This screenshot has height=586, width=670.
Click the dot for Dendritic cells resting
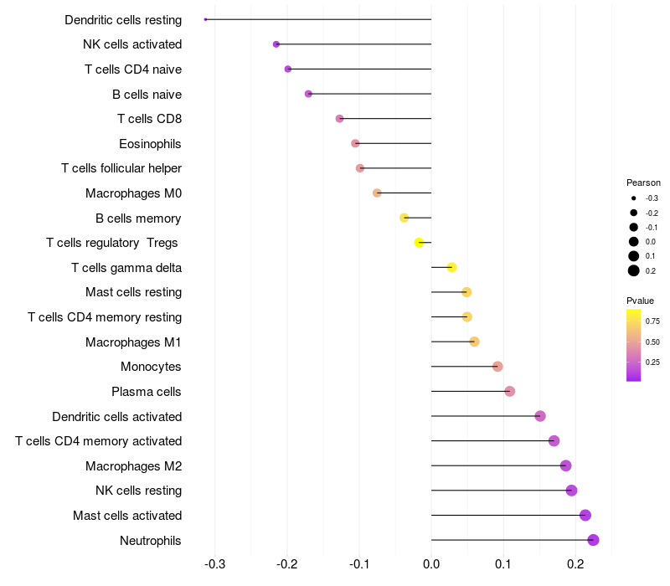pyautogui.click(x=205, y=19)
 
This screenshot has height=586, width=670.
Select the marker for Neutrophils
pyautogui.click(x=593, y=540)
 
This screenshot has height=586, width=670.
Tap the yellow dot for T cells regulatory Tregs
pyautogui.click(x=419, y=243)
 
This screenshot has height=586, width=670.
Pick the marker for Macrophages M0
pyautogui.click(x=377, y=193)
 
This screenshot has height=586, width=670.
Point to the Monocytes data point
pyautogui.click(x=497, y=367)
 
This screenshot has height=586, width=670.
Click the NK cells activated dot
pyautogui.click(x=276, y=44)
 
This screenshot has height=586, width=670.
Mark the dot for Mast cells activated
pyautogui.click(x=585, y=515)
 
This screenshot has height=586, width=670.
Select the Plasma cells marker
pyautogui.click(x=509, y=391)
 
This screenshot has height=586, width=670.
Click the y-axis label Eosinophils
pyautogui.click(x=150, y=144)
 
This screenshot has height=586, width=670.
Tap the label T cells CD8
pyautogui.click(x=150, y=119)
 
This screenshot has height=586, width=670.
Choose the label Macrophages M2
pyautogui.click(x=134, y=466)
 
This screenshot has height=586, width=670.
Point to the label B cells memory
pyautogui.click(x=138, y=218)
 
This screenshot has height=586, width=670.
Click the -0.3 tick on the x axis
pyautogui.click(x=215, y=564)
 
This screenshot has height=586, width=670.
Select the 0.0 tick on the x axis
pyautogui.click(x=431, y=564)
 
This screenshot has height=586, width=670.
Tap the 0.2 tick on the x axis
pyautogui.click(x=575, y=564)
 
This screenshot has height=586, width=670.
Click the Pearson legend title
pyautogui.click(x=643, y=182)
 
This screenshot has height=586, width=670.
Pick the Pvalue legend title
pyautogui.click(x=640, y=301)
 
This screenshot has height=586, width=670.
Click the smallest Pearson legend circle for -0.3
pyautogui.click(x=634, y=198)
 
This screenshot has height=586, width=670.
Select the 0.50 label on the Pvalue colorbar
pyautogui.click(x=652, y=342)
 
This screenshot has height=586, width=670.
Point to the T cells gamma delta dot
pyautogui.click(x=451, y=267)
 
